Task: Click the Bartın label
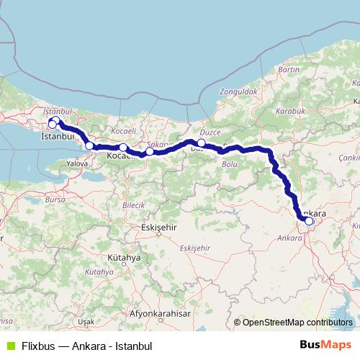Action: (x=288, y=69)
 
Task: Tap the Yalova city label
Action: (x=77, y=163)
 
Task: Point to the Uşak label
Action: (x=86, y=321)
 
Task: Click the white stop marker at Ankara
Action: (x=309, y=221)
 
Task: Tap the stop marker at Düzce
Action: (x=202, y=143)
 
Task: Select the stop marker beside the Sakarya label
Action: (x=149, y=151)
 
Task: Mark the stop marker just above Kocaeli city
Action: (x=123, y=148)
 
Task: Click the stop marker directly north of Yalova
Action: (x=89, y=145)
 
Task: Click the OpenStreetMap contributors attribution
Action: (x=293, y=323)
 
